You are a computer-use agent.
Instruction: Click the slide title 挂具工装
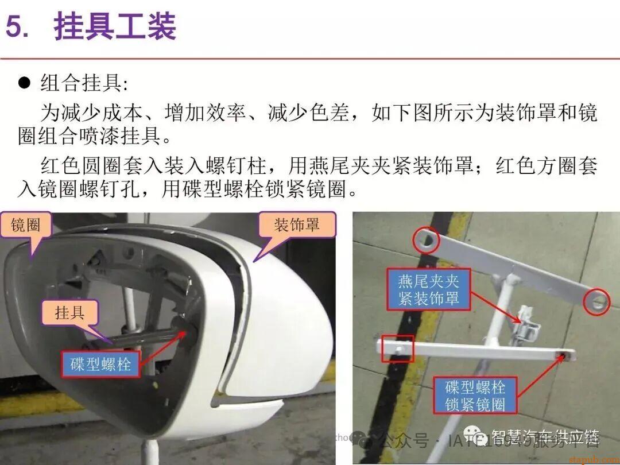coord(115,27)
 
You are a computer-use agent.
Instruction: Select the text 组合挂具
coord(80,83)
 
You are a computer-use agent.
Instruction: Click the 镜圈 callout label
coord(26,225)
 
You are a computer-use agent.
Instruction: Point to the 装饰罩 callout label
coord(296,224)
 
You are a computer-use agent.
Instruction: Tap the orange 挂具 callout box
coord(70,313)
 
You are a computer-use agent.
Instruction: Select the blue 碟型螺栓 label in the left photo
coord(100,364)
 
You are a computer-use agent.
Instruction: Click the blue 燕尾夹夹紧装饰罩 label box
coord(429,290)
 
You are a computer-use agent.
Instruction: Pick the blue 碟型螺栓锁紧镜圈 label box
coord(475,396)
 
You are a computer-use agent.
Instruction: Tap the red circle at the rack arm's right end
coord(596,301)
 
